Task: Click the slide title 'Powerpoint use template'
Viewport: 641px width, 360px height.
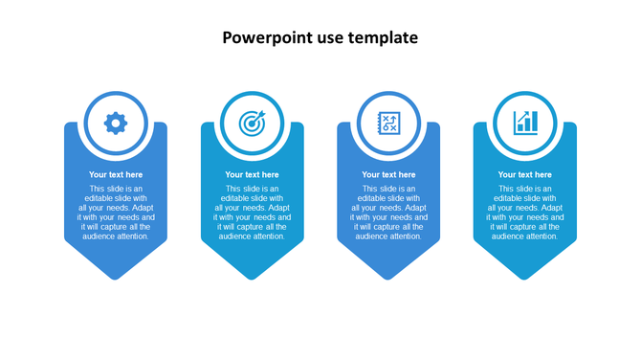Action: click(x=320, y=38)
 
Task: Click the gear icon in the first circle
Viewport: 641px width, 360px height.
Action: click(x=116, y=123)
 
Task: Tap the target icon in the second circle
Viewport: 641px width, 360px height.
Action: click(x=252, y=123)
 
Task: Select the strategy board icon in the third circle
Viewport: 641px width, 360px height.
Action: click(x=388, y=123)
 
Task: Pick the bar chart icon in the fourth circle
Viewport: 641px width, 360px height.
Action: click(x=525, y=123)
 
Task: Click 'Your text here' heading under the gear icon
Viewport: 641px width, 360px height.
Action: click(x=116, y=174)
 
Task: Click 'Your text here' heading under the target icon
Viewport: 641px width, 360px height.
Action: click(x=252, y=174)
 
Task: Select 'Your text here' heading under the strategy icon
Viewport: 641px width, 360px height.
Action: click(x=388, y=174)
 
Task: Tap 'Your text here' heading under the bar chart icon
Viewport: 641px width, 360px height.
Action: click(x=524, y=174)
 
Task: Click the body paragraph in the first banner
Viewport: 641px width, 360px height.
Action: click(x=116, y=213)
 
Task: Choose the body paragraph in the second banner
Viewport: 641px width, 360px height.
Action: click(x=252, y=213)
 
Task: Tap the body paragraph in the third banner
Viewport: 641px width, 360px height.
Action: click(x=388, y=213)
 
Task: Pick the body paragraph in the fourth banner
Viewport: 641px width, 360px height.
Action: click(x=524, y=213)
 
